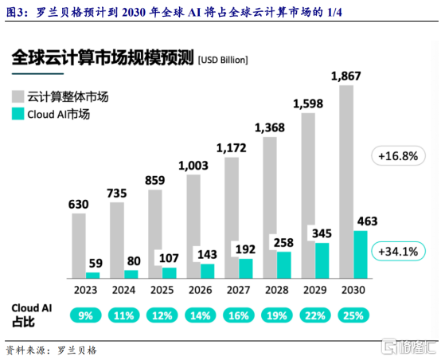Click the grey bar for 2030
pyautogui.click(x=346, y=182)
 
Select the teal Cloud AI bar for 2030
pyautogui.click(x=361, y=255)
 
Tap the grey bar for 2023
pyautogui.click(x=79, y=246)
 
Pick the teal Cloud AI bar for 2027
pyautogui.click(x=245, y=268)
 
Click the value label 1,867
pyautogui.click(x=346, y=76)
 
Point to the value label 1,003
pyautogui.click(x=193, y=166)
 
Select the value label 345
pyautogui.click(x=322, y=233)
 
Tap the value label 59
pyautogui.click(x=96, y=264)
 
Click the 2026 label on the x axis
pyautogui.click(x=200, y=290)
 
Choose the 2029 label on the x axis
pyautogui.click(x=314, y=290)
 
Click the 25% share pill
pyautogui.click(x=353, y=315)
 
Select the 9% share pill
pyautogui.click(x=85, y=315)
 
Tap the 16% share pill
pyautogui.click(x=239, y=315)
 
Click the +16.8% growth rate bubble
pyautogui.click(x=398, y=155)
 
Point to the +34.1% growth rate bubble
pyautogui.click(x=398, y=251)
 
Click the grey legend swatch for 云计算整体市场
pyautogui.click(x=18, y=96)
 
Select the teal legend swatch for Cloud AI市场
pyautogui.click(x=18, y=114)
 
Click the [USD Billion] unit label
pyautogui.click(x=223, y=60)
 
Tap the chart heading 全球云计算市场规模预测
pyautogui.click(x=103, y=57)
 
